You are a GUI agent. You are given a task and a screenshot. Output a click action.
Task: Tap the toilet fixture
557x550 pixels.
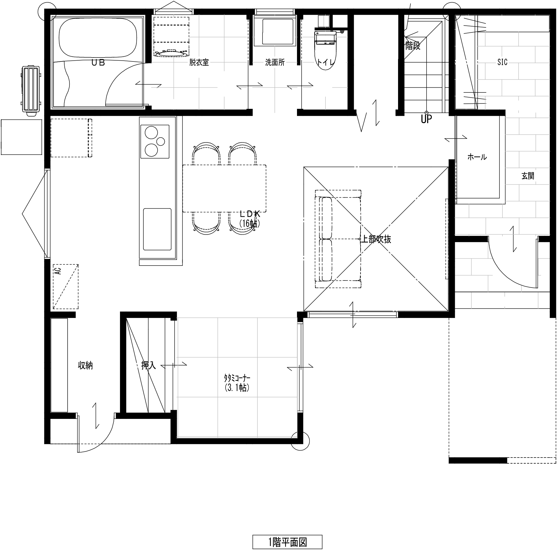pos(326,50)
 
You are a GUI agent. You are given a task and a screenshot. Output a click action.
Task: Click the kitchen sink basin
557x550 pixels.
pos(157,229)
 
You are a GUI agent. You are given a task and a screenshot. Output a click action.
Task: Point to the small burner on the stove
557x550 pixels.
pos(161,141)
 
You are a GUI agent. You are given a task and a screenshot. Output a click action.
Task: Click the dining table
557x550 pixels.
pos(224,188)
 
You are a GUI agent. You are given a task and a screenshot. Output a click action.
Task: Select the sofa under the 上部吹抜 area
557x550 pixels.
pos(338,239)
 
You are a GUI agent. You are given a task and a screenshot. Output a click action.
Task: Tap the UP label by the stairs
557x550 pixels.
pos(426,119)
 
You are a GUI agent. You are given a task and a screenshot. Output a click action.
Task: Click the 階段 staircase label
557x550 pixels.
pos(412,45)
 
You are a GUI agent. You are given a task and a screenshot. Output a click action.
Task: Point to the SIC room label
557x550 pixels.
pos(502,62)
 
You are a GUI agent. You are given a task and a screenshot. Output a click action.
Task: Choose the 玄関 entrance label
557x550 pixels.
pos(528,176)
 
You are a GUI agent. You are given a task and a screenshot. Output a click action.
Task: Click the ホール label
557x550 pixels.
pos(477,157)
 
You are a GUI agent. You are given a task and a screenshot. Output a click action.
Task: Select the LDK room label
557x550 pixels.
pos(250,214)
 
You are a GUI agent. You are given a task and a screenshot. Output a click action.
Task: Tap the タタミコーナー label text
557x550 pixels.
pos(237,377)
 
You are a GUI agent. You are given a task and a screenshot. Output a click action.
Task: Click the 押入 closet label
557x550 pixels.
pos(148,365)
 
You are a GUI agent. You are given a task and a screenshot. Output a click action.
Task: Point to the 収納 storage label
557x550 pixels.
pos(85,365)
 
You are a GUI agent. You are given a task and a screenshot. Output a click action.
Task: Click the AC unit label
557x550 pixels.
pos(58,271)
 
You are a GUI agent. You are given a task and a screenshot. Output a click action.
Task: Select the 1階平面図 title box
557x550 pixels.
pos(287,542)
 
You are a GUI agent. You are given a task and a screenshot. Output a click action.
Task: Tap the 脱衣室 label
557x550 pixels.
pos(199,63)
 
